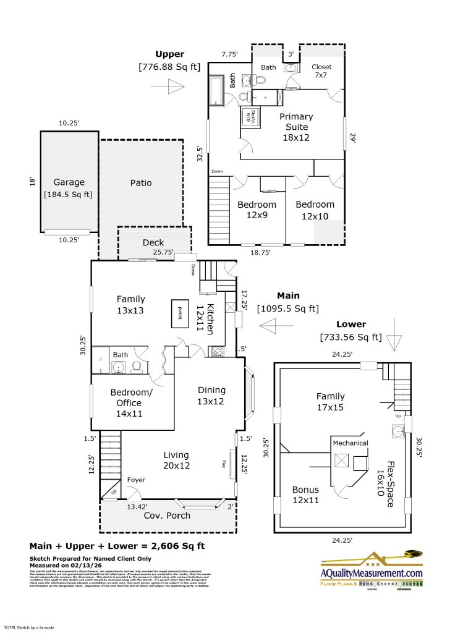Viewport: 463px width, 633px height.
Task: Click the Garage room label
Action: pos(68,182)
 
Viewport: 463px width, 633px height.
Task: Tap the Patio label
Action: pos(141,183)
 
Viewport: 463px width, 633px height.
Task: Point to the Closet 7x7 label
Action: pos(321,70)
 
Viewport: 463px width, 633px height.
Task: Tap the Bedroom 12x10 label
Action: pos(315,210)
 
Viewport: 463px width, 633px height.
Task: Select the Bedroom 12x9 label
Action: pos(257,210)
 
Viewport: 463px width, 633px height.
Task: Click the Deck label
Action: pos(153,243)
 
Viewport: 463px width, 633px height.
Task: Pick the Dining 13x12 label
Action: pos(211,396)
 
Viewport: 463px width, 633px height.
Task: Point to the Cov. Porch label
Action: pos(167,516)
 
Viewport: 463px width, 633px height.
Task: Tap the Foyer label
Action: pos(136,480)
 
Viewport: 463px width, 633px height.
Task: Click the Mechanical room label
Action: pos(350,443)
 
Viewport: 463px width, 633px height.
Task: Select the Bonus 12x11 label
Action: pos(305,495)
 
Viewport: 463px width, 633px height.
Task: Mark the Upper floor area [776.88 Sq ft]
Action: pos(169,66)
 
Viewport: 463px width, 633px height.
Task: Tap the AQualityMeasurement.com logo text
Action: pos(372,573)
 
